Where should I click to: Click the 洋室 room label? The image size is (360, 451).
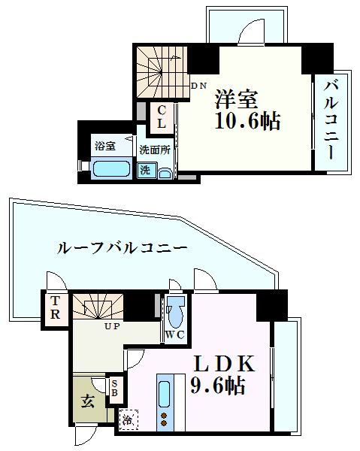[x=237, y=98]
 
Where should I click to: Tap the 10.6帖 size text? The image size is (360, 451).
[x=247, y=122]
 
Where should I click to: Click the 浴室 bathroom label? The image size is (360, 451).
[x=104, y=145]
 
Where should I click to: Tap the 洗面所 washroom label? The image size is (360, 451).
[x=154, y=149]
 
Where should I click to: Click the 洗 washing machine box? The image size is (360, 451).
[x=144, y=169]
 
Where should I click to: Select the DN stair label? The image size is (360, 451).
[x=198, y=86]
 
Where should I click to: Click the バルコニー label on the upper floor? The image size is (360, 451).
[x=331, y=120]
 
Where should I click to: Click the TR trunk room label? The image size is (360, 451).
[x=56, y=308]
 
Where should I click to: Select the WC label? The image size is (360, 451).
[x=176, y=334]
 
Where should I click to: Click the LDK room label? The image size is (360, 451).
[x=225, y=364]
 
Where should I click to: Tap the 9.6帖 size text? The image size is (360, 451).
[x=218, y=387]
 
